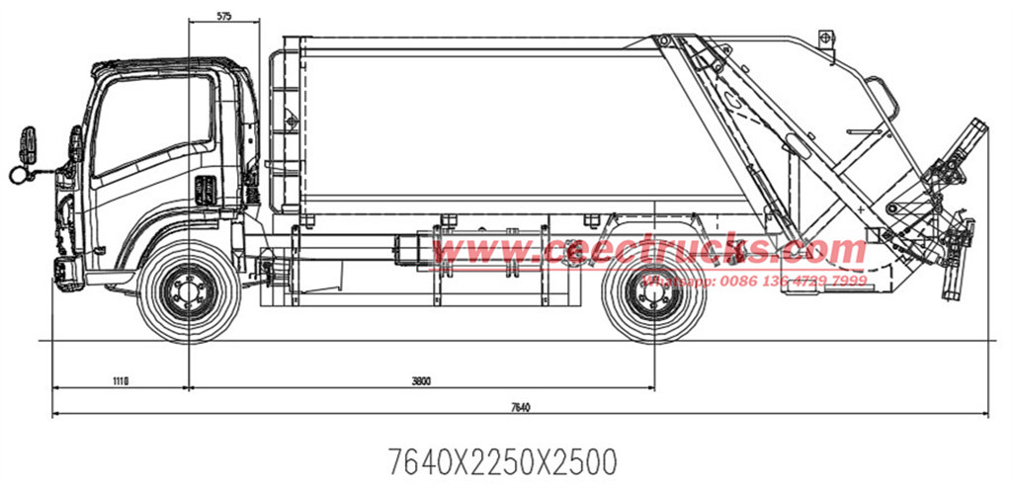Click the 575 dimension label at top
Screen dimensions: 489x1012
point(223,17)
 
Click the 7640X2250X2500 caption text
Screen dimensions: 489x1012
point(503,460)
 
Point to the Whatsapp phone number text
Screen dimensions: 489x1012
point(756,281)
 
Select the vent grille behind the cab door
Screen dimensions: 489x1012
point(207,189)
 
